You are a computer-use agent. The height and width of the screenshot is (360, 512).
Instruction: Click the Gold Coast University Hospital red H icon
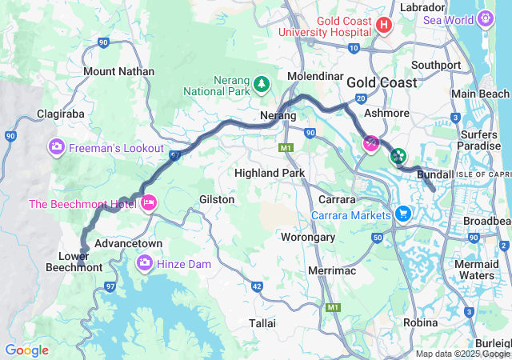click(x=383, y=26)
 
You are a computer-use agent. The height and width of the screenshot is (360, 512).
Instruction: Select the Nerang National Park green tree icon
click(x=261, y=83)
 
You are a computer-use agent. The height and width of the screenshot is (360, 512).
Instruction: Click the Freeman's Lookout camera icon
click(x=57, y=147)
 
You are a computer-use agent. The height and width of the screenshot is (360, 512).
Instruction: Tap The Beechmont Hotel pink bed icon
click(x=147, y=204)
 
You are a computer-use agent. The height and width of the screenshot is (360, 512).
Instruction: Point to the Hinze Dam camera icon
click(x=145, y=262)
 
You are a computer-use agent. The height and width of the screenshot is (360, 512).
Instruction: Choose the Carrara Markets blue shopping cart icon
click(x=402, y=214)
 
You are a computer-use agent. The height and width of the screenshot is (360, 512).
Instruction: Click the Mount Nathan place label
click(x=119, y=72)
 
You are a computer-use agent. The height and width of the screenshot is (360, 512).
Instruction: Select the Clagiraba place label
click(x=60, y=114)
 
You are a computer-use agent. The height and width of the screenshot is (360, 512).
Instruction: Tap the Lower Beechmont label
click(x=80, y=262)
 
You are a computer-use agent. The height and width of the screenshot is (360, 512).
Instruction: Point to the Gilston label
click(x=217, y=199)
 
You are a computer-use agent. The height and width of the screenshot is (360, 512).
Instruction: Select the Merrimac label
click(x=331, y=272)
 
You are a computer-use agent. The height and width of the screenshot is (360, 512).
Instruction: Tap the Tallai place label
click(x=262, y=323)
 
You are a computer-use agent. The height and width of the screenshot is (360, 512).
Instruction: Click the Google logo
click(x=26, y=350)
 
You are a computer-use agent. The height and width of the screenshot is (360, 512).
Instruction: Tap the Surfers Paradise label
click(x=478, y=140)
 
